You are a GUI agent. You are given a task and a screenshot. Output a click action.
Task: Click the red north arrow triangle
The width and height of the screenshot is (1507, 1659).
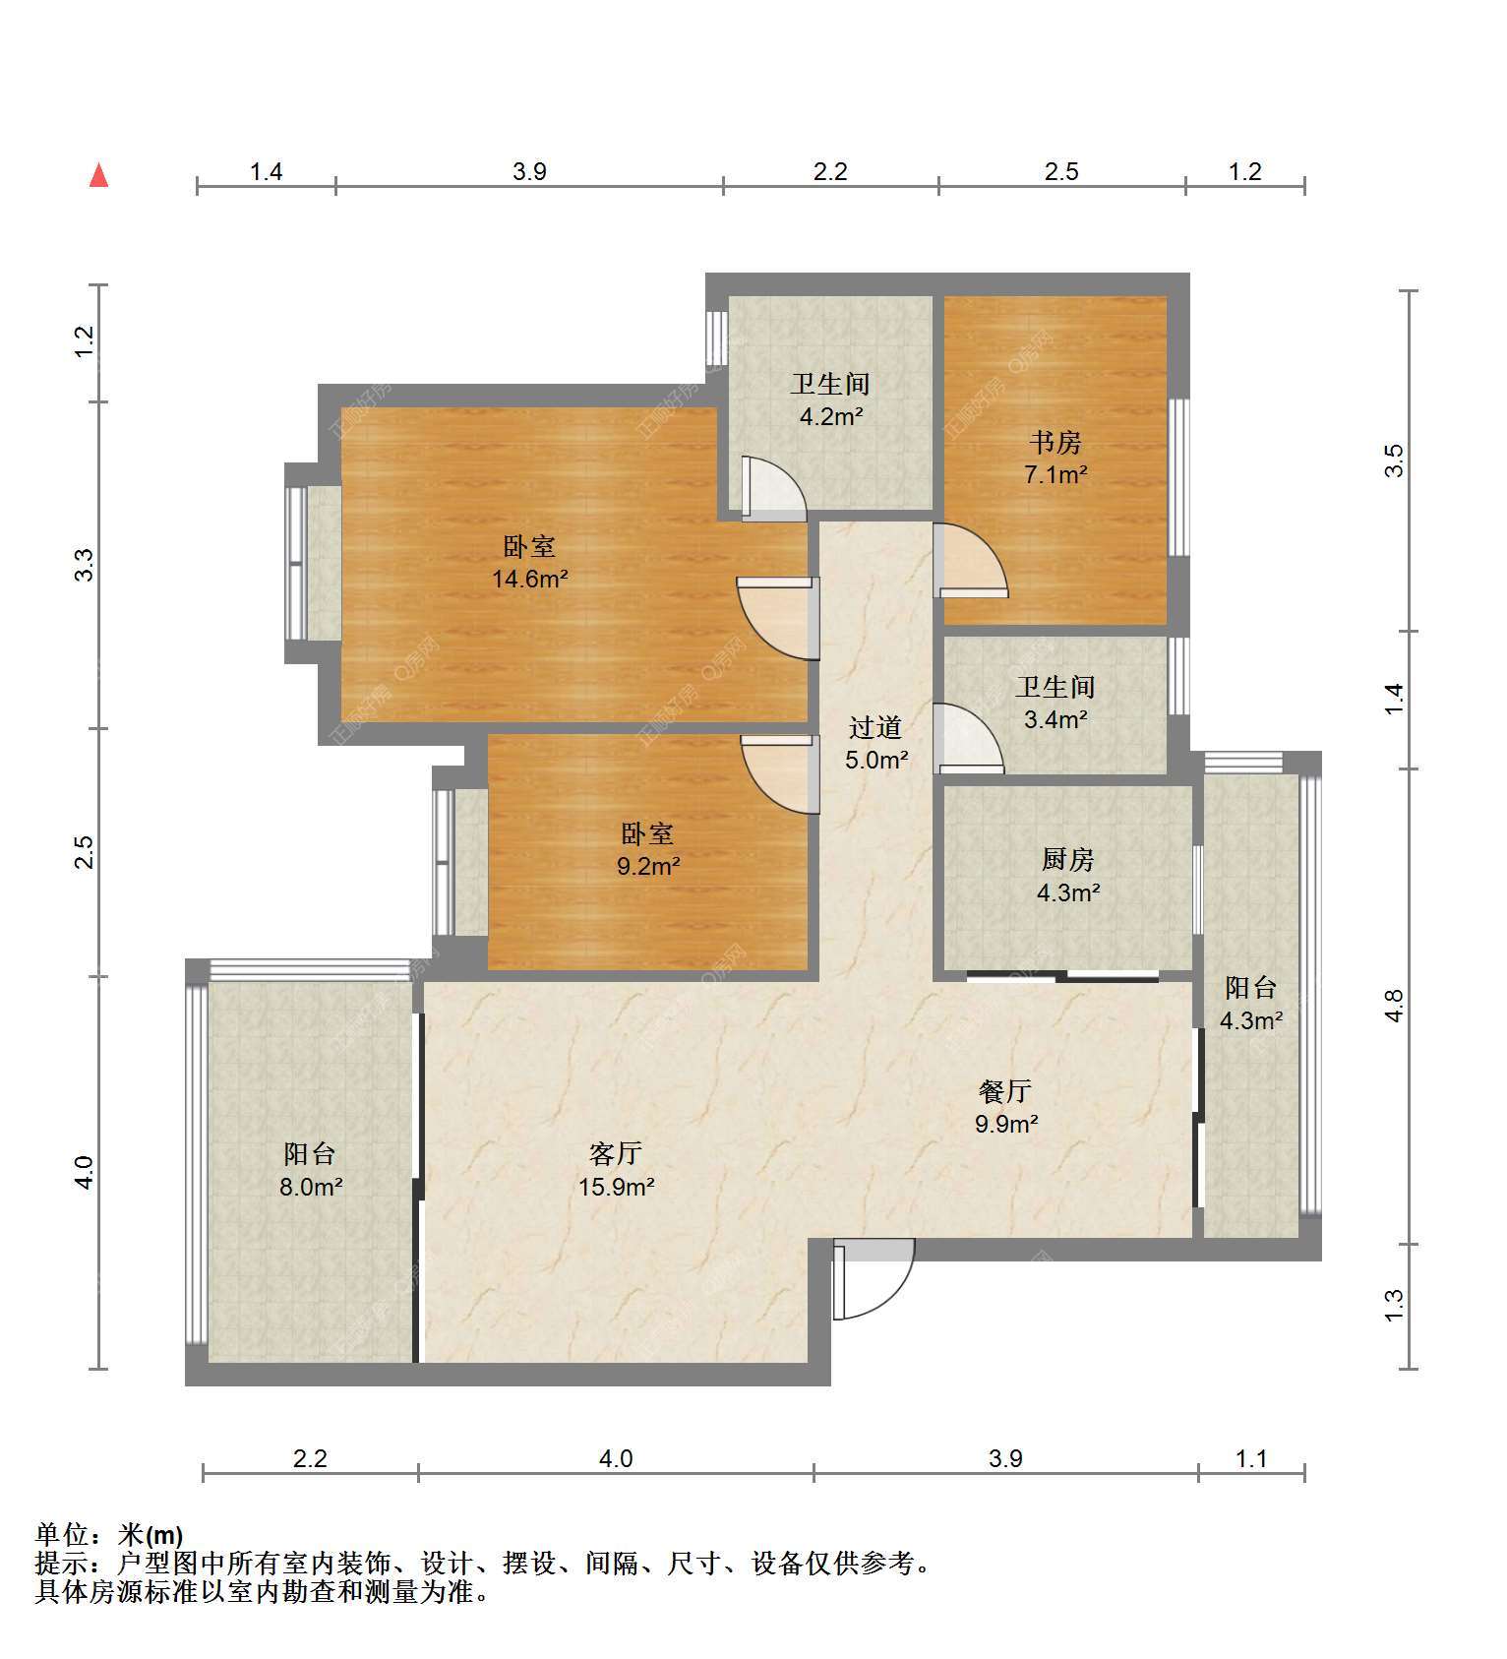pyautogui.click(x=98, y=176)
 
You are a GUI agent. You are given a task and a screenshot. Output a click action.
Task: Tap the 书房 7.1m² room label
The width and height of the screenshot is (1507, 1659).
pyautogui.click(x=1055, y=459)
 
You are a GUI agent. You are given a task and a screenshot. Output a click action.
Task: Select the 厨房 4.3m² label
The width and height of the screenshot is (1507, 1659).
pyautogui.click(x=1067, y=876)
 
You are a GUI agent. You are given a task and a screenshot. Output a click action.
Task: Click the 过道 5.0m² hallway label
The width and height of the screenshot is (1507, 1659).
pyautogui.click(x=875, y=743)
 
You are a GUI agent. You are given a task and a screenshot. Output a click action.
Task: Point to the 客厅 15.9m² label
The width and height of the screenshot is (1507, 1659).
pyautogui.click(x=616, y=1169)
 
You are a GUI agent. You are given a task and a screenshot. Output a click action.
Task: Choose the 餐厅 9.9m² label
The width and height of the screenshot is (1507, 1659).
pyautogui.click(x=1005, y=1106)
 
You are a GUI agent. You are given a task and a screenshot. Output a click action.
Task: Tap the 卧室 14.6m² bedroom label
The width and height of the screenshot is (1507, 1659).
pyautogui.click(x=529, y=562)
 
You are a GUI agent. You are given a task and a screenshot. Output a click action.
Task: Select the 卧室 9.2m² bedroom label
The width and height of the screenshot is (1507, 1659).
pyautogui.click(x=647, y=849)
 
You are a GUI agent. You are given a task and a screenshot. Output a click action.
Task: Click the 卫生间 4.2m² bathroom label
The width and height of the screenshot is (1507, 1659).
pyautogui.click(x=830, y=399)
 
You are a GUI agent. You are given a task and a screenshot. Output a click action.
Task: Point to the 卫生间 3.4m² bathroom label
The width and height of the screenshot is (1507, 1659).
pyautogui.click(x=1055, y=703)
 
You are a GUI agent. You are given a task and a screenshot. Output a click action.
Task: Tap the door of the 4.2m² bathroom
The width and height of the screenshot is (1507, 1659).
pyautogui.click(x=773, y=489)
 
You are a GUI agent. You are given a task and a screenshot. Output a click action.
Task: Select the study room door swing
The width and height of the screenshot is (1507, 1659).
pyautogui.click(x=970, y=561)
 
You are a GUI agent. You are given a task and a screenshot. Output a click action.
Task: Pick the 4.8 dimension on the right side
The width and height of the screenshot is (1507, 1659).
pyautogui.click(x=1393, y=1006)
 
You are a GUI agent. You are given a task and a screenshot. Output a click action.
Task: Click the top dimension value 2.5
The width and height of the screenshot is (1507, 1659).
pyautogui.click(x=1061, y=172)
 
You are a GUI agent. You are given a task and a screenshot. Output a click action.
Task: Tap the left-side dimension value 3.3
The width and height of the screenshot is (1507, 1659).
pyautogui.click(x=85, y=565)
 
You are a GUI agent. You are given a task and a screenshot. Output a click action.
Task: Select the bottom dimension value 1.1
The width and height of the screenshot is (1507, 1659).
pyautogui.click(x=1251, y=1458)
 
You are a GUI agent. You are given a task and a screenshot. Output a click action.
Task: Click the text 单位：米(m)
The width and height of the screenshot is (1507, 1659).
pyautogui.click(x=109, y=1534)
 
